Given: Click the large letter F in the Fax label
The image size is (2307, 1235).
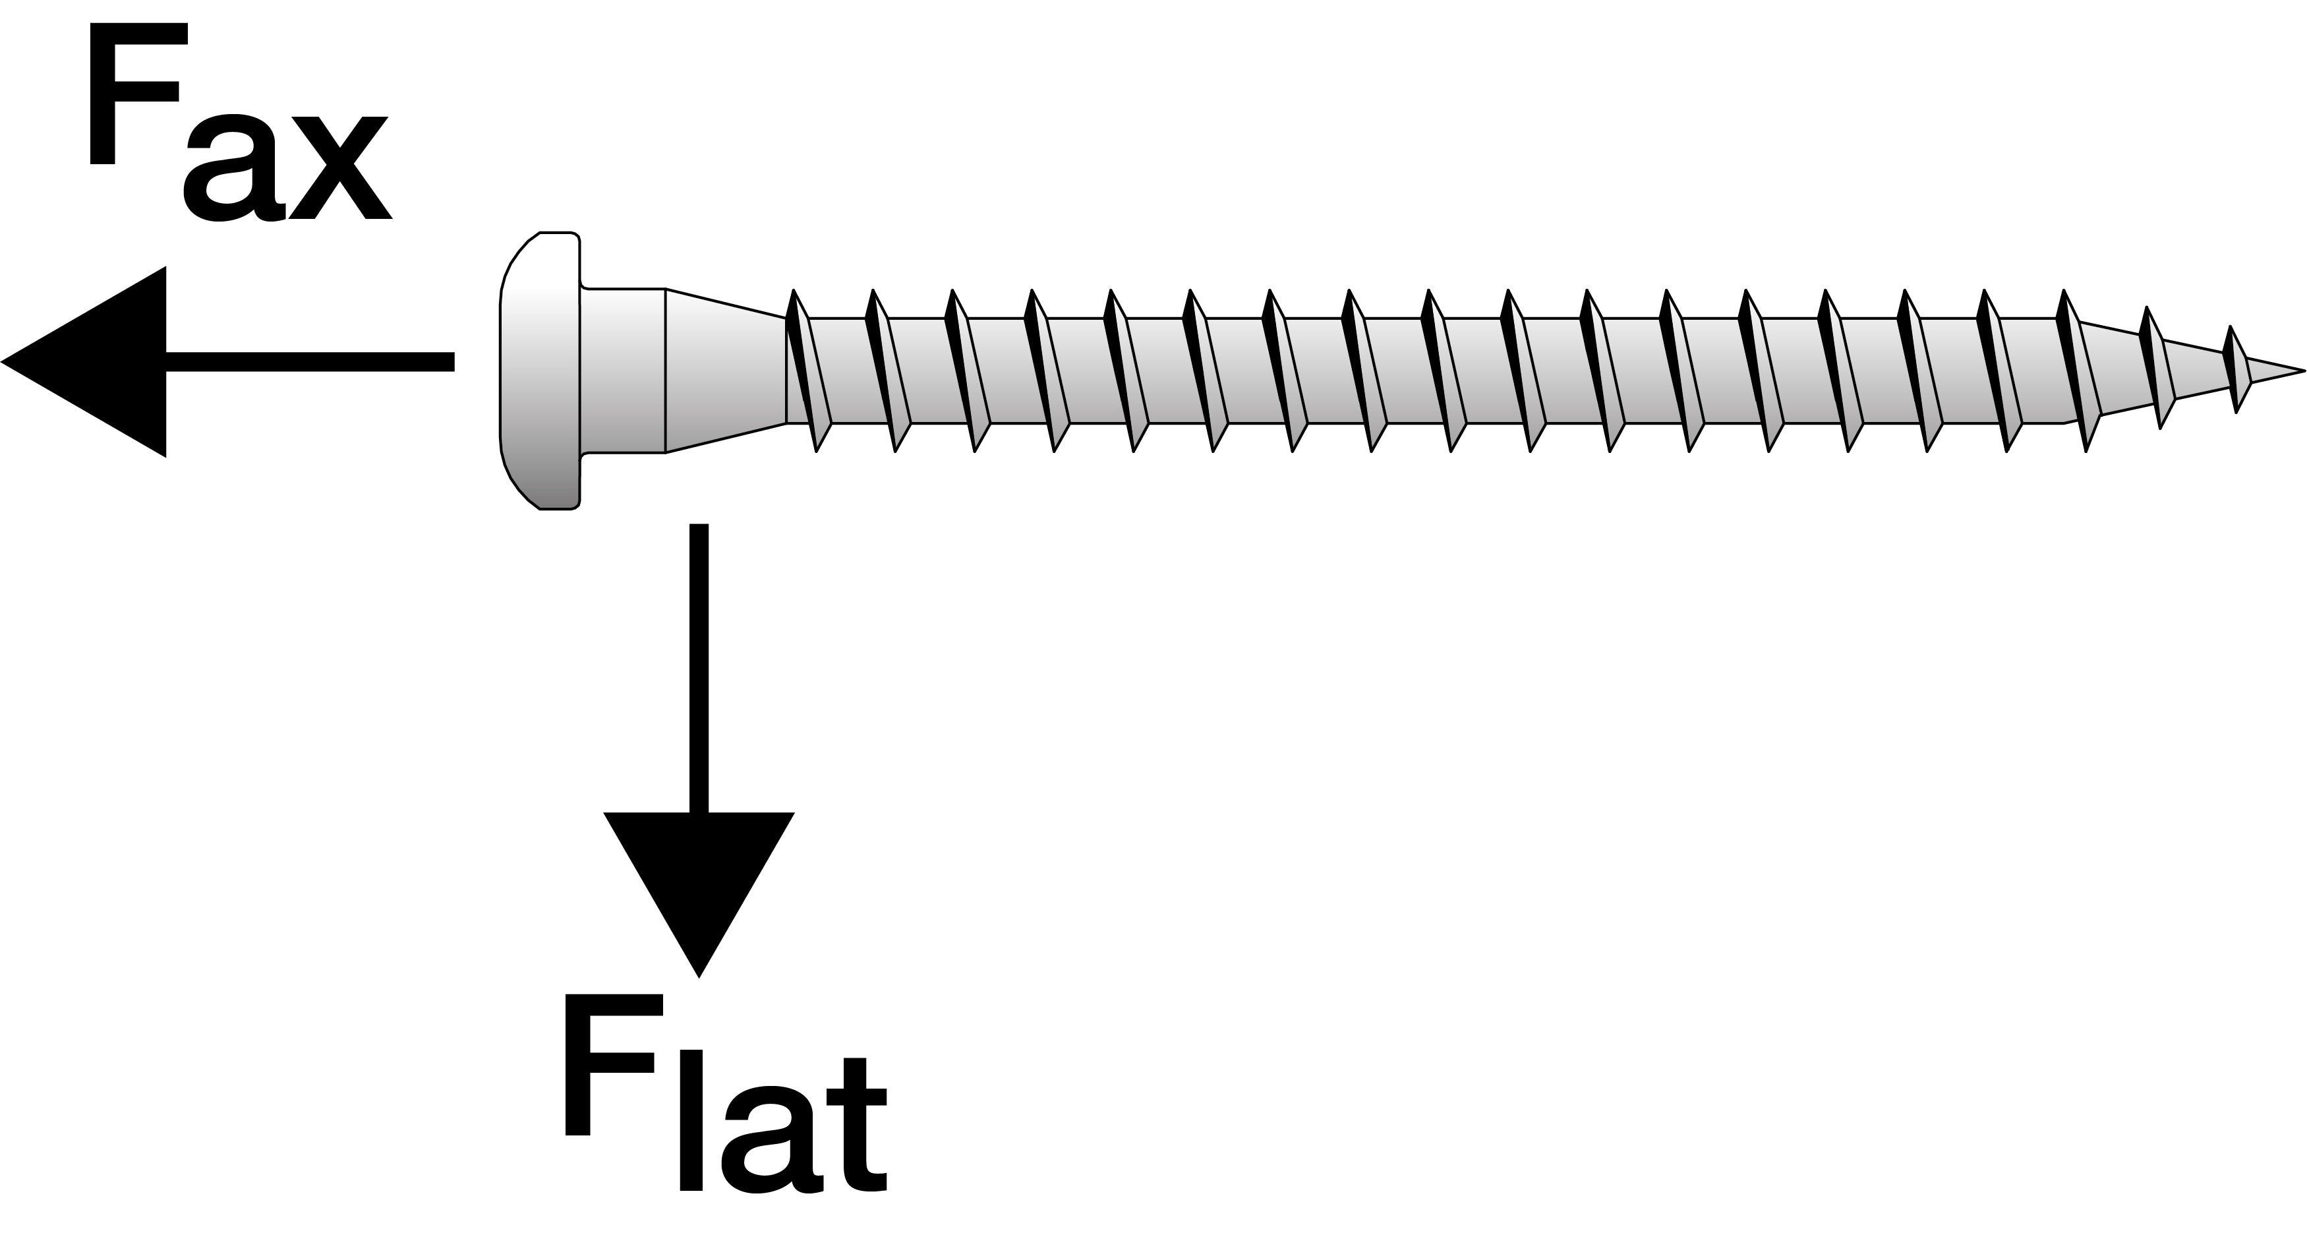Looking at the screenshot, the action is pos(139,94).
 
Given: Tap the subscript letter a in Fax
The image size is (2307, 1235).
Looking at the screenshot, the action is pos(234,167).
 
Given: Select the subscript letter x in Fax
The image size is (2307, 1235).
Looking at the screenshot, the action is pos(340,167).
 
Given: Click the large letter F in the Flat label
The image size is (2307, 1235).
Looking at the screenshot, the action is pos(614,1065).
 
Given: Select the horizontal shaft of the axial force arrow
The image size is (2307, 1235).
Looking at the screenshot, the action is pos(310,362).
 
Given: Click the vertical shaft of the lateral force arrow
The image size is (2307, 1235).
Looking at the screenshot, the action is pos(699,668).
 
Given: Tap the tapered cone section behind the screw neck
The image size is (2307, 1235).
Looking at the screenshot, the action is pos(726,370).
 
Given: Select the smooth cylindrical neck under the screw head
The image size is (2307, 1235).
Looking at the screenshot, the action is pos(624,370).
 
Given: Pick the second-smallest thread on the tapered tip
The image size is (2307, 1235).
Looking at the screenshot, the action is pos(2157,367).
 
